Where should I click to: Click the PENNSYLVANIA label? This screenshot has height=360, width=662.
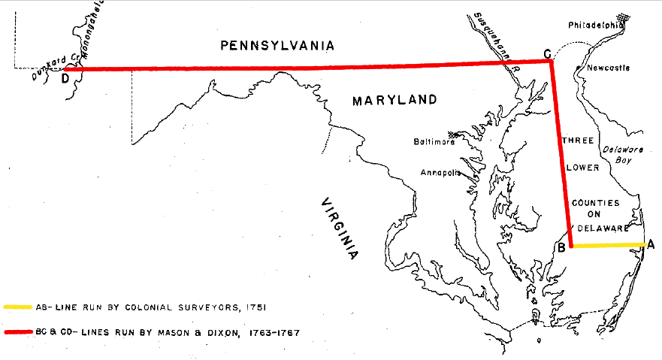(x=277, y=46)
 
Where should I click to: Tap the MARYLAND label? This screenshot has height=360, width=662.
(x=395, y=99)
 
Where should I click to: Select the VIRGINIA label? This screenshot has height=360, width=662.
(x=339, y=229)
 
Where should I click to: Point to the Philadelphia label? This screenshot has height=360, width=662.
(x=596, y=25)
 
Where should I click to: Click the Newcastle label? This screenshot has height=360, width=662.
(x=608, y=68)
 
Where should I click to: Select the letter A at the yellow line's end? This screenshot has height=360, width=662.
(x=651, y=244)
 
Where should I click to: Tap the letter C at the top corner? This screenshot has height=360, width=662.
(x=547, y=53)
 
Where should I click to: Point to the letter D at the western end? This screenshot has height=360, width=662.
(x=65, y=77)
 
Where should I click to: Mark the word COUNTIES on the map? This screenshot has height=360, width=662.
(x=595, y=203)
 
